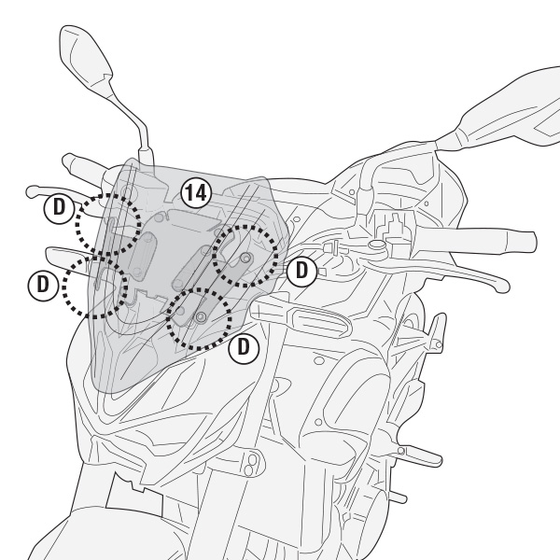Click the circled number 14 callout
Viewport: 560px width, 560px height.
coord(196,194)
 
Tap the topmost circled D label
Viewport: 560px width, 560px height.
coord(60,206)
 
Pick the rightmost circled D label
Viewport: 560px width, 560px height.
coord(301,271)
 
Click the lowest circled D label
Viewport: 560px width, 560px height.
coord(244,346)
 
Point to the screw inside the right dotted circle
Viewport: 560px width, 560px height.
coord(245,257)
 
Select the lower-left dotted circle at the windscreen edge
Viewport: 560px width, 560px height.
coord(94,288)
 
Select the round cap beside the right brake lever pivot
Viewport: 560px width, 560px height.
coord(377,245)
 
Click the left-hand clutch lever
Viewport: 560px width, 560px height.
coord(56,190)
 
